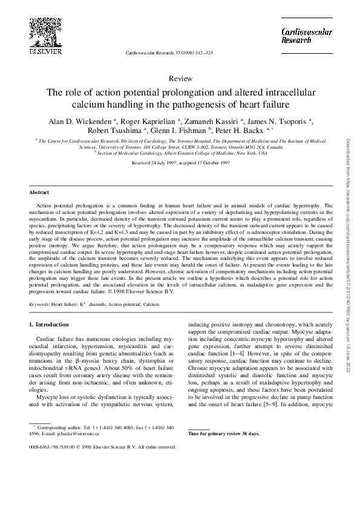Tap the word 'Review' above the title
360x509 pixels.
click(x=180, y=79)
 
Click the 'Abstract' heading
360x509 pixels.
click(x=39, y=192)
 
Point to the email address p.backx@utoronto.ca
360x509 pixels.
click(x=80, y=434)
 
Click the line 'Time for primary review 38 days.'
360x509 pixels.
click(x=224, y=434)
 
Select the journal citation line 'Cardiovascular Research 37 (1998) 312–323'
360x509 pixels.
click(x=169, y=53)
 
